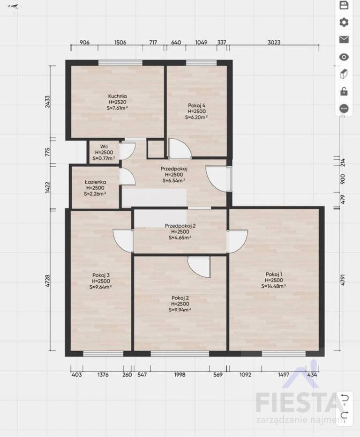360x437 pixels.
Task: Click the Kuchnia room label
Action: [x=117, y=96]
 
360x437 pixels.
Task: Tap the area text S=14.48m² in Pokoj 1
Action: [x=274, y=286]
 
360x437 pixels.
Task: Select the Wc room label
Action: [x=104, y=147]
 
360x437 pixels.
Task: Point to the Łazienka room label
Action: [x=95, y=182]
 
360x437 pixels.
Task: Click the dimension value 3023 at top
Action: [x=274, y=42]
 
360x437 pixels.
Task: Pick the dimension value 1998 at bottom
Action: [x=180, y=375]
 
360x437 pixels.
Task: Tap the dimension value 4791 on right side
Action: [x=343, y=280]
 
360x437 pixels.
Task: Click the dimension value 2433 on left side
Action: [x=48, y=102]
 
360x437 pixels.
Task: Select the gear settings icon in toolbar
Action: [x=344, y=22]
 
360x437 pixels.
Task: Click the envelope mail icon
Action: [x=344, y=39]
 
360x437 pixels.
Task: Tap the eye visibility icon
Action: [x=344, y=57]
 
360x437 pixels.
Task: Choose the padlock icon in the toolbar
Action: [x=344, y=91]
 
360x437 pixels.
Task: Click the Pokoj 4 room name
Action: [x=196, y=105]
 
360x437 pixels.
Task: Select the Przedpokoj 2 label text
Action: [x=180, y=226]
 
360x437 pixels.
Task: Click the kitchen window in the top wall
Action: [x=120, y=63]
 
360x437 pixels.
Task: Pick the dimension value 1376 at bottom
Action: [x=103, y=375]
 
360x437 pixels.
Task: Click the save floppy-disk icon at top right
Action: [x=344, y=5]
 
